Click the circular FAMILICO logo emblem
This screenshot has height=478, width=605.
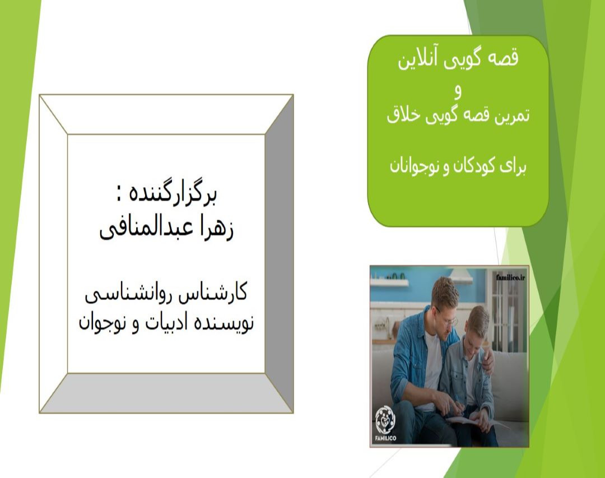[x=385, y=417]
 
